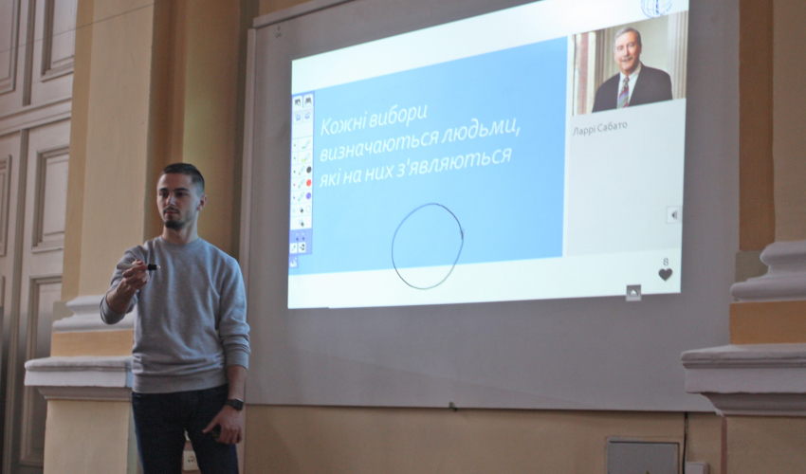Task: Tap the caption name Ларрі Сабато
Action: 600,127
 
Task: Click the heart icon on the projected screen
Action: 665,275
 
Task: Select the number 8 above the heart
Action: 666,262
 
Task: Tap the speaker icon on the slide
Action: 673,214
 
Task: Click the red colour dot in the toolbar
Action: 308,183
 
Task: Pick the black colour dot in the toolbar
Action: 309,170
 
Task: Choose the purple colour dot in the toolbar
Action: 308,196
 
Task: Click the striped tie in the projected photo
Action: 624,92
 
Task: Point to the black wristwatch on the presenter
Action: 234,404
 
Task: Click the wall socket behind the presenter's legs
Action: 190,460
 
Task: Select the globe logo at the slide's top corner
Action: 656,8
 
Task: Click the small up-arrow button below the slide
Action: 633,293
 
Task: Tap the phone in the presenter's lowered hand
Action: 216,430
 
